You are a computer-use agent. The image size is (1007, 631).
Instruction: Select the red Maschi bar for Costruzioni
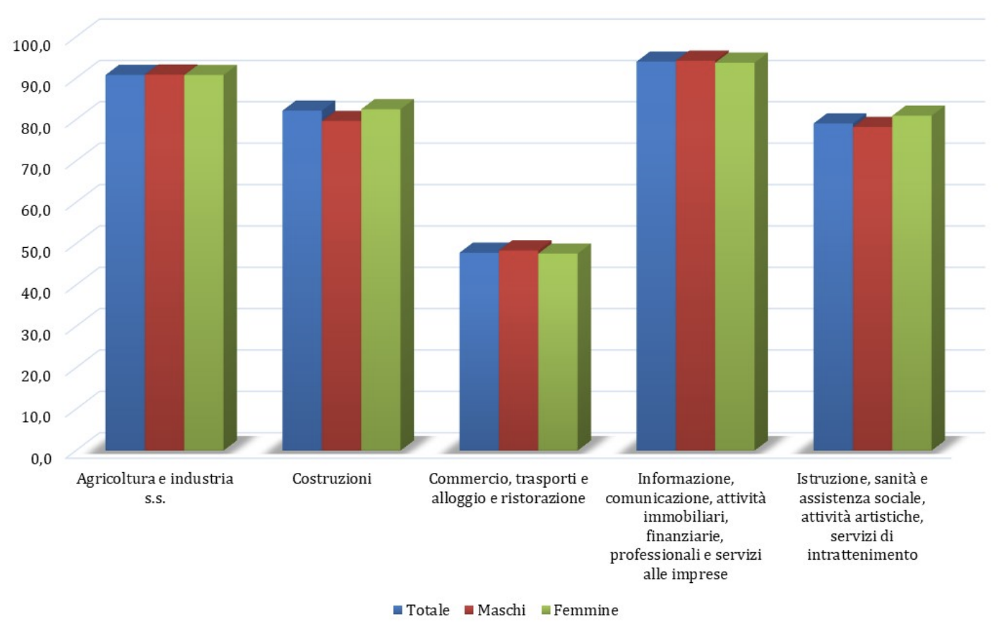[x=342, y=285]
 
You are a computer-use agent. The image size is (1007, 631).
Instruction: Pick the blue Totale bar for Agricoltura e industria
[x=125, y=262]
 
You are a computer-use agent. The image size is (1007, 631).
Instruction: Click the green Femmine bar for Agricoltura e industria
[x=203, y=262]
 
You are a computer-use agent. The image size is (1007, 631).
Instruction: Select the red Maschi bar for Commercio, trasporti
[x=518, y=350]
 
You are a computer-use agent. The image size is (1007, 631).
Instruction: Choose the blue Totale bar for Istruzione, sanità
[x=833, y=287]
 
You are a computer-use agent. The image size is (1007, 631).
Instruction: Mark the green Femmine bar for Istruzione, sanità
[x=912, y=282]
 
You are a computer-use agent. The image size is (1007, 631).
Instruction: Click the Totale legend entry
[x=422, y=610]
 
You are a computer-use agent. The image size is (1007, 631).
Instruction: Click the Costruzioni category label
[x=331, y=479]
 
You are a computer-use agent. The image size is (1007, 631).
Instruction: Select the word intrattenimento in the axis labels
[x=862, y=555]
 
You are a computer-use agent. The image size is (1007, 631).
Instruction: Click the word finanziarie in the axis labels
[x=685, y=536]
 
